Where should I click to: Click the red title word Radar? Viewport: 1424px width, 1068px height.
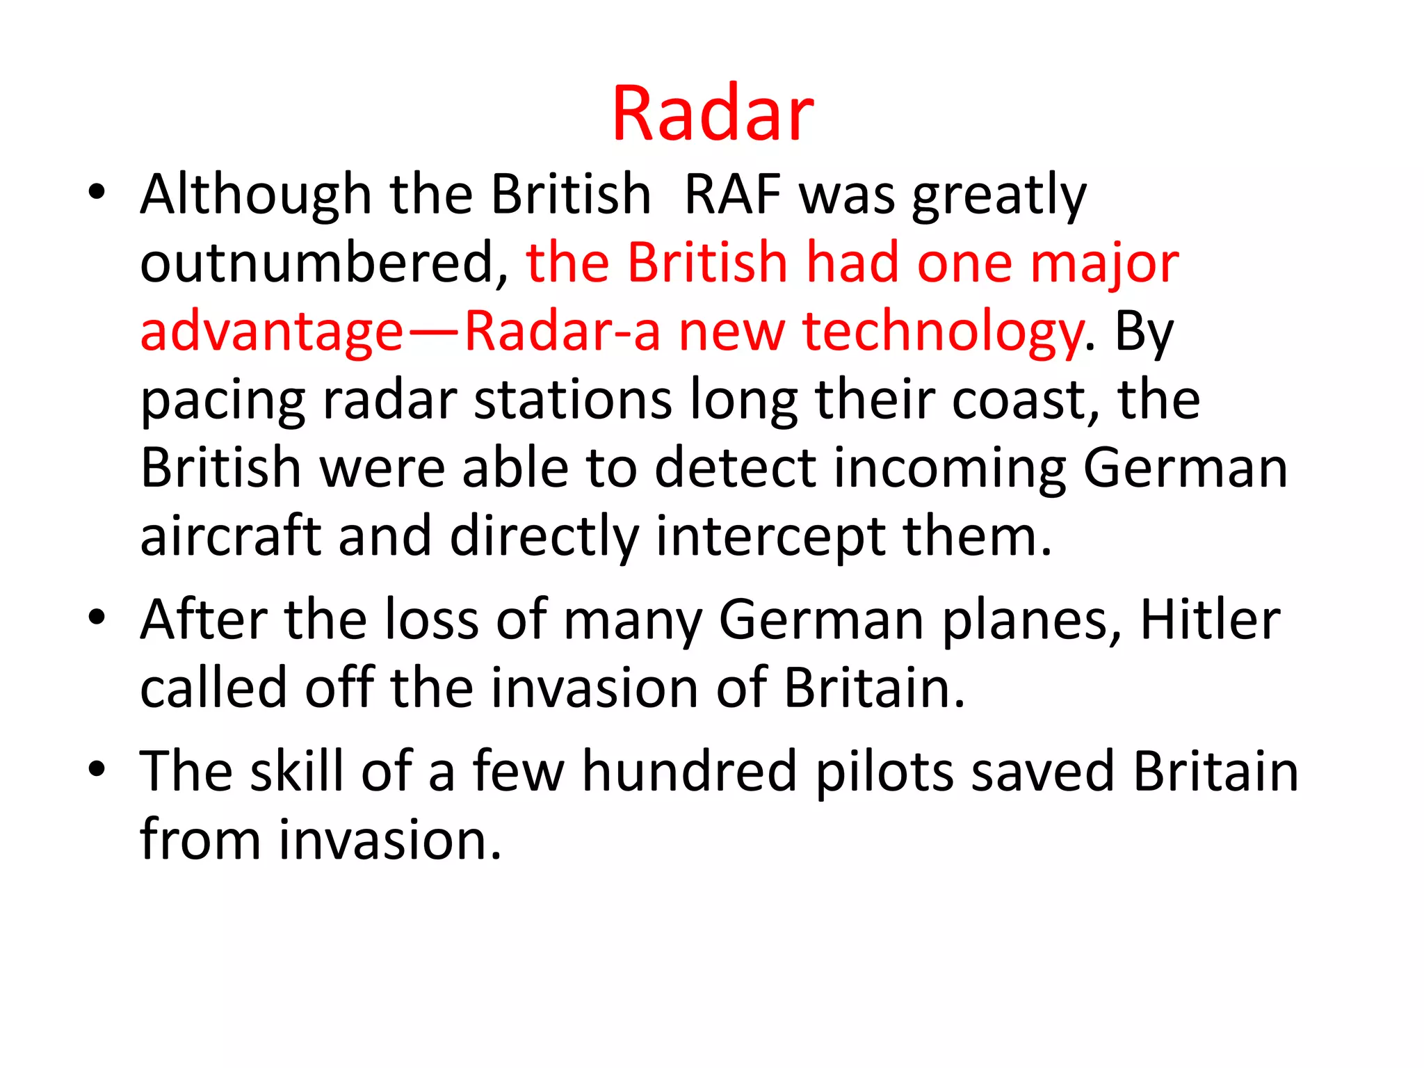point(712,113)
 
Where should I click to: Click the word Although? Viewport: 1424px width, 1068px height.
point(256,195)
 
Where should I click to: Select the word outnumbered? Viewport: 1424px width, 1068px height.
point(324,263)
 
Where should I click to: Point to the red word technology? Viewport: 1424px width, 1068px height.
point(943,332)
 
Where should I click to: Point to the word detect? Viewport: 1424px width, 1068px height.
point(735,468)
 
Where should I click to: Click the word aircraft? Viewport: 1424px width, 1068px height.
point(230,536)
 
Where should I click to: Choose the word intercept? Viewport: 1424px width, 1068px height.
point(770,537)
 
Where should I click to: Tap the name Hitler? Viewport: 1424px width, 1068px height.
point(1210,619)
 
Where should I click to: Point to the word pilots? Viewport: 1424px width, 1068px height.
point(884,772)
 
